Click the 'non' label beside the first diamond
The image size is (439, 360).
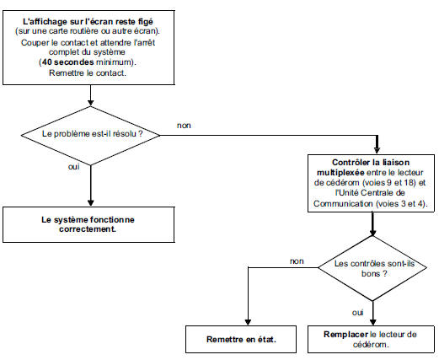click(x=184, y=125)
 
